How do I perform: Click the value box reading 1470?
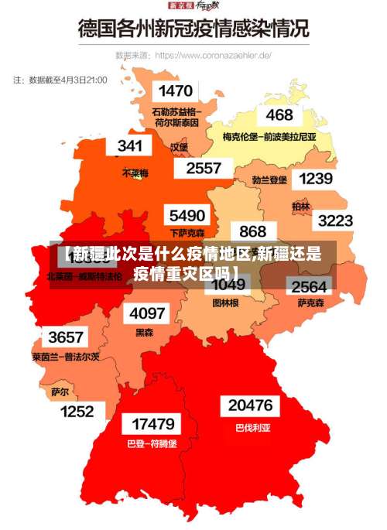click(x=175, y=91)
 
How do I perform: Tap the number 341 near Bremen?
click(x=130, y=145)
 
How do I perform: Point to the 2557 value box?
click(x=204, y=168)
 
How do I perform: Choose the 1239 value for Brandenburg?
click(x=315, y=179)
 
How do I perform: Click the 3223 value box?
click(x=335, y=221)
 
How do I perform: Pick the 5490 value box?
click(x=187, y=215)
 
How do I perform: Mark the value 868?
click(x=252, y=231)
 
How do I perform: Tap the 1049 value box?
click(x=228, y=285)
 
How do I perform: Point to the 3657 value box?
click(x=66, y=337)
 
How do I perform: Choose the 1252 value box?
click(x=77, y=412)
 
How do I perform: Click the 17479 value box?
click(x=152, y=424)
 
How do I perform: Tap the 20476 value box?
click(x=250, y=405)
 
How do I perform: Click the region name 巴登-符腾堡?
click(x=152, y=444)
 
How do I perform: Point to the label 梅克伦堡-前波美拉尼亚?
click(x=269, y=137)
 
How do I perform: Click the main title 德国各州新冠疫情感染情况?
click(x=193, y=30)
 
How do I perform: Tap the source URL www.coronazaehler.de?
click(x=213, y=56)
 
